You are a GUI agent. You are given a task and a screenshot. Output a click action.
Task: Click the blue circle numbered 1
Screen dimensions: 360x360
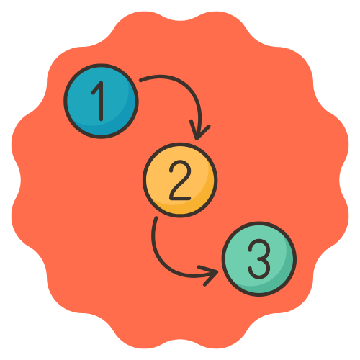click(x=101, y=101)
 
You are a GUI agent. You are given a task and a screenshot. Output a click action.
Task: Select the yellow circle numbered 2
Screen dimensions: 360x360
click(x=180, y=180)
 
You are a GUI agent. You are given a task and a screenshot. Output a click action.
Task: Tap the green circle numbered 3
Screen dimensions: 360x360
click(x=259, y=259)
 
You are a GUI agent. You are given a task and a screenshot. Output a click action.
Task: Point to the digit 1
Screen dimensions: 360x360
click(x=99, y=101)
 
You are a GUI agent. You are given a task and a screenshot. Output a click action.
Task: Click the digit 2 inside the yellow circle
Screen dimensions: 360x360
click(x=180, y=180)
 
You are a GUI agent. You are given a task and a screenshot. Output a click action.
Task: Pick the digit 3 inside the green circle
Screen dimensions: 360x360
click(x=259, y=259)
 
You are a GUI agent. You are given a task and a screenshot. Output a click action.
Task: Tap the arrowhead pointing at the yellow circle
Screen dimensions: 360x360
click(x=197, y=135)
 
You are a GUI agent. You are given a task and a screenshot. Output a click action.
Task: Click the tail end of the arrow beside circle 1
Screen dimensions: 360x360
click(x=140, y=80)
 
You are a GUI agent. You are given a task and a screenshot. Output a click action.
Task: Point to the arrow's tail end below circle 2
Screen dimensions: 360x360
click(x=156, y=218)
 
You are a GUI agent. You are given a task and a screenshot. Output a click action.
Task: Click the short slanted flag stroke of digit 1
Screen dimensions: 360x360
click(x=96, y=88)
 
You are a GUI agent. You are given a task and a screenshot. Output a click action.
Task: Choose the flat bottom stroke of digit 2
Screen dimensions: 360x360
click(x=180, y=199)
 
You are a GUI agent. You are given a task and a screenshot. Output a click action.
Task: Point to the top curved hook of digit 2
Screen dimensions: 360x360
click(x=180, y=166)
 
